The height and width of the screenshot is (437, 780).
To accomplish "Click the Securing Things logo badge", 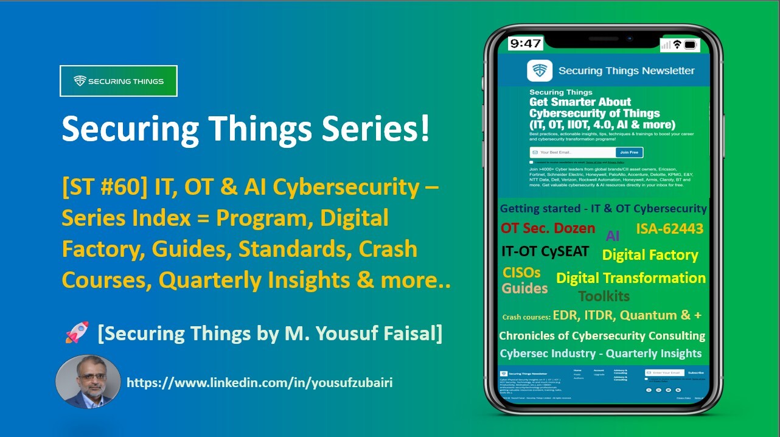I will pyautogui.click(x=119, y=81).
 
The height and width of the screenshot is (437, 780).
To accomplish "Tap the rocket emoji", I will pyautogui.click(x=77, y=334).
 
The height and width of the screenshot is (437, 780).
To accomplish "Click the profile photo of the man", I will pyautogui.click(x=88, y=382).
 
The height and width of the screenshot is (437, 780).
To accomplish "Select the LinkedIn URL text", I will pyautogui.click(x=260, y=383).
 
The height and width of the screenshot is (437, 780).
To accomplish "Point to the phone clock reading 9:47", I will pyautogui.click(x=525, y=44).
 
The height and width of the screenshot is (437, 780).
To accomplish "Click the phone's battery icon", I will pyautogui.click(x=690, y=44).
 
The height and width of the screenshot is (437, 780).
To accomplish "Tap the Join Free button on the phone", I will pyautogui.click(x=629, y=152).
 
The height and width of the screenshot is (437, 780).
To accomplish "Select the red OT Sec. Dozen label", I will pyautogui.click(x=548, y=229).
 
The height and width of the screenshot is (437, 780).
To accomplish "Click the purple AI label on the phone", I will pyautogui.click(x=613, y=236).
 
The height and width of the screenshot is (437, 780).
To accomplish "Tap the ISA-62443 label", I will pyautogui.click(x=669, y=229).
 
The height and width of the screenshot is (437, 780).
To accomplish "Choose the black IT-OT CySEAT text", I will pyautogui.click(x=545, y=251).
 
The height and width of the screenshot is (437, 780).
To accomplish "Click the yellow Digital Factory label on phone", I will pyautogui.click(x=650, y=255).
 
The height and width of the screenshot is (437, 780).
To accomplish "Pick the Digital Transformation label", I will pyautogui.click(x=631, y=278).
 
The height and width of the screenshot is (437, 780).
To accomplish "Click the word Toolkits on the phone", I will pyautogui.click(x=604, y=296).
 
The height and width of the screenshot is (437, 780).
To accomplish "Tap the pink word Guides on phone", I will pyautogui.click(x=524, y=288).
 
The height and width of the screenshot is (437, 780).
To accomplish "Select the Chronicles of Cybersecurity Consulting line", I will pyautogui.click(x=602, y=336).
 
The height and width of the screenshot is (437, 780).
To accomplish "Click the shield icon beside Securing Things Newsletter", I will pyautogui.click(x=540, y=71).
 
